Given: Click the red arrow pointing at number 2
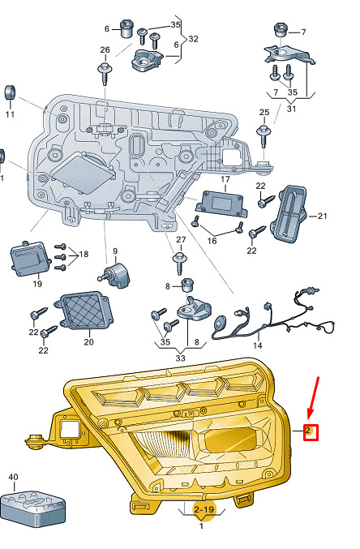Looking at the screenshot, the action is point(314,397).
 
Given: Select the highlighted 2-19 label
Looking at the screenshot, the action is point(204,508).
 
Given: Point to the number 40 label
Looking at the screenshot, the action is point(13,477).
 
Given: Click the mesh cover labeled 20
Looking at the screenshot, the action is point(84,311).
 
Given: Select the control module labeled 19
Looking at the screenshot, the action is point(29,259).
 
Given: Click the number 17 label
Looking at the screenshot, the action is point(225,179).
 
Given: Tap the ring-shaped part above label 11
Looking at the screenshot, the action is point(11,92).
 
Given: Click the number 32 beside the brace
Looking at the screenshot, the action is point(193,38).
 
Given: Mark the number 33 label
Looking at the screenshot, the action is point(180,358).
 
